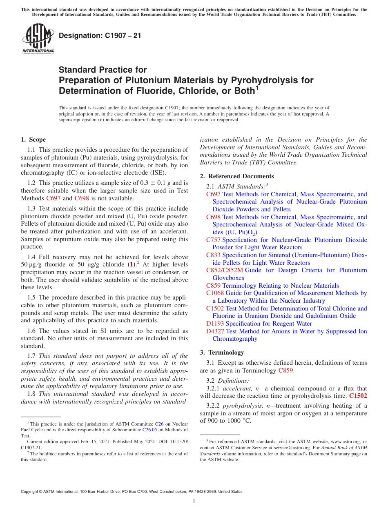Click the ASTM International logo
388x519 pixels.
[38, 38]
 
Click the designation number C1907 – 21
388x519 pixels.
[100, 35]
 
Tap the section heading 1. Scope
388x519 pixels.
[33, 140]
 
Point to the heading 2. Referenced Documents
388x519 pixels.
[237, 176]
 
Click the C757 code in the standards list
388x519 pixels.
[213, 240]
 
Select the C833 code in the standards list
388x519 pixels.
[213, 255]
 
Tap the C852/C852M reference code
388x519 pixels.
[224, 270]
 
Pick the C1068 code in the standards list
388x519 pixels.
[215, 293]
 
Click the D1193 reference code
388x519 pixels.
[215, 324]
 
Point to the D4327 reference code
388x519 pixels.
[215, 331]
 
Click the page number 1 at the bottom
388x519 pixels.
[194, 501]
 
